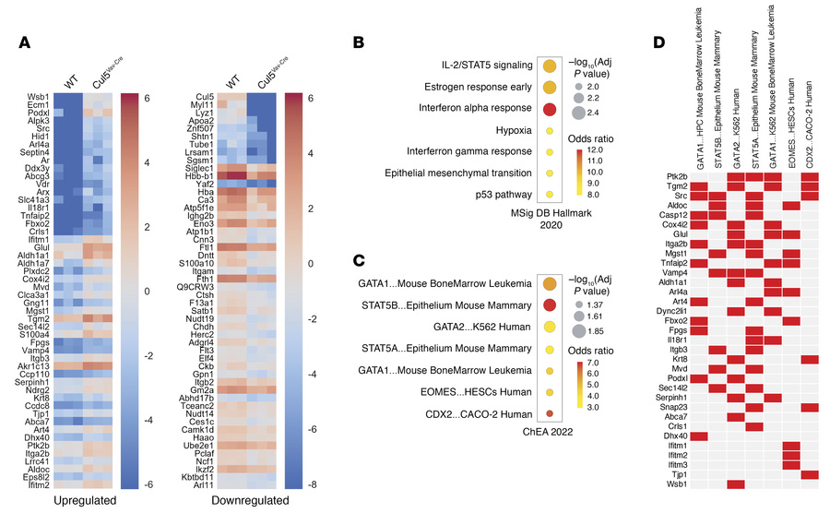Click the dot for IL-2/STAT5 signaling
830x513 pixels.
(550, 66)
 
